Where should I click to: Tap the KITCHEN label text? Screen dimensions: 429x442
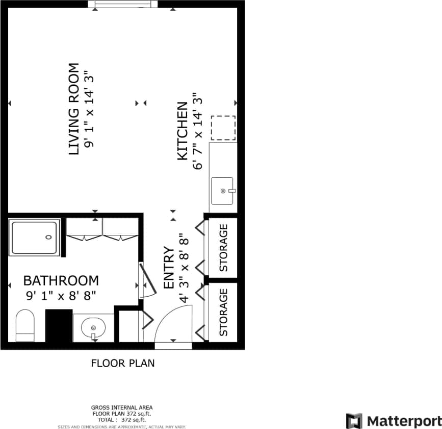click(x=182, y=131)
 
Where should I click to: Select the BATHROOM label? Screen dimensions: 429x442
click(x=61, y=280)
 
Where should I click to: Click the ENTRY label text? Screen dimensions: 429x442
click(x=169, y=268)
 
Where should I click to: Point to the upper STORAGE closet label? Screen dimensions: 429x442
click(x=223, y=248)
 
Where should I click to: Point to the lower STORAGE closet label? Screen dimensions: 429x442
click(x=223, y=312)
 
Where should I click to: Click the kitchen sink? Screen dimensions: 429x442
click(x=222, y=191)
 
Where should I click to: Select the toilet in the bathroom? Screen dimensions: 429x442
click(x=24, y=326)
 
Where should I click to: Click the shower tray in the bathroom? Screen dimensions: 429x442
click(x=35, y=237)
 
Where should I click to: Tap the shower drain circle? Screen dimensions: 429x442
click(x=48, y=237)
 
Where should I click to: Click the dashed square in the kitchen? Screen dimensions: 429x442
click(x=223, y=128)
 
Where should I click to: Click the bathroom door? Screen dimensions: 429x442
click(x=147, y=281)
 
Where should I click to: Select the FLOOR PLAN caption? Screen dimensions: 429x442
click(x=122, y=363)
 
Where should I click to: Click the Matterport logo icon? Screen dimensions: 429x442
click(x=354, y=421)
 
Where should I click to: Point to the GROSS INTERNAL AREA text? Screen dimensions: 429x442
click(x=122, y=408)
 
